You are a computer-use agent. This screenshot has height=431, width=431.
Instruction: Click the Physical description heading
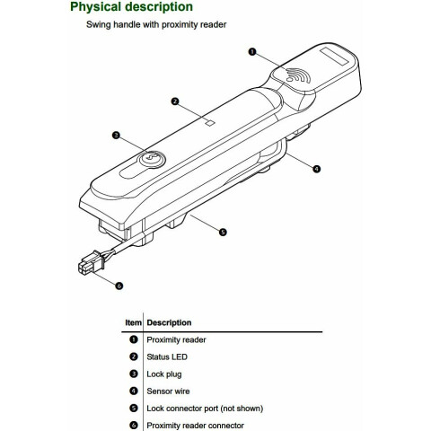pos(131,7)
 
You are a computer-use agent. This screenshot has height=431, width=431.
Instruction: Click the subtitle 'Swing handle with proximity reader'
pos(156,24)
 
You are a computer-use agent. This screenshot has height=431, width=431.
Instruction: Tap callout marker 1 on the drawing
pos(252,52)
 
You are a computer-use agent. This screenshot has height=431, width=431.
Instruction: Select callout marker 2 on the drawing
pos(175,101)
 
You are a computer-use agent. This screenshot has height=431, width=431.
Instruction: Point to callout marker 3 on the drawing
pos(116,136)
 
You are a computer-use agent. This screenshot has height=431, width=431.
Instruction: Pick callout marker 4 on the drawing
pos(316,169)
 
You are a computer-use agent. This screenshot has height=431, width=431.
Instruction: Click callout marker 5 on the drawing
pos(223,232)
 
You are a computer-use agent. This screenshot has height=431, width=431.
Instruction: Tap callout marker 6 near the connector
pos(119,286)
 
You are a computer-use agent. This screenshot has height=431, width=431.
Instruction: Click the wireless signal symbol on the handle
pos(297,75)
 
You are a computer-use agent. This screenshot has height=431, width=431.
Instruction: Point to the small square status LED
pos(211,123)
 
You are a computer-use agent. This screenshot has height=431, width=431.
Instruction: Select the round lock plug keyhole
pos(153,158)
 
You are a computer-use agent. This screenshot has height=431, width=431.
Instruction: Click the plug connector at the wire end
pos(91,263)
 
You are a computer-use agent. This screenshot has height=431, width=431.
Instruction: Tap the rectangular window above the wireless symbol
pos(334,57)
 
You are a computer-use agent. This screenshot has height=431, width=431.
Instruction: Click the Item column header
pos(133,322)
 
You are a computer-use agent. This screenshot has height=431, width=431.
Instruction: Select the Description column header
pos(169,322)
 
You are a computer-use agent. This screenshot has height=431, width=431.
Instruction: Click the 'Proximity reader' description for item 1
pos(176,340)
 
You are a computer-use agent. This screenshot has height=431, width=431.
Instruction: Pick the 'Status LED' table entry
pos(167,357)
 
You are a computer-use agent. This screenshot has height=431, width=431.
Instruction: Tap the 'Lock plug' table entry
pos(164,374)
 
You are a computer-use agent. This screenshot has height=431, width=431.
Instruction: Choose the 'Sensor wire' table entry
pos(168,391)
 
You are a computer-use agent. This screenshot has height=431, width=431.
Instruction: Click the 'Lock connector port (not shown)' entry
pos(205,409)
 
